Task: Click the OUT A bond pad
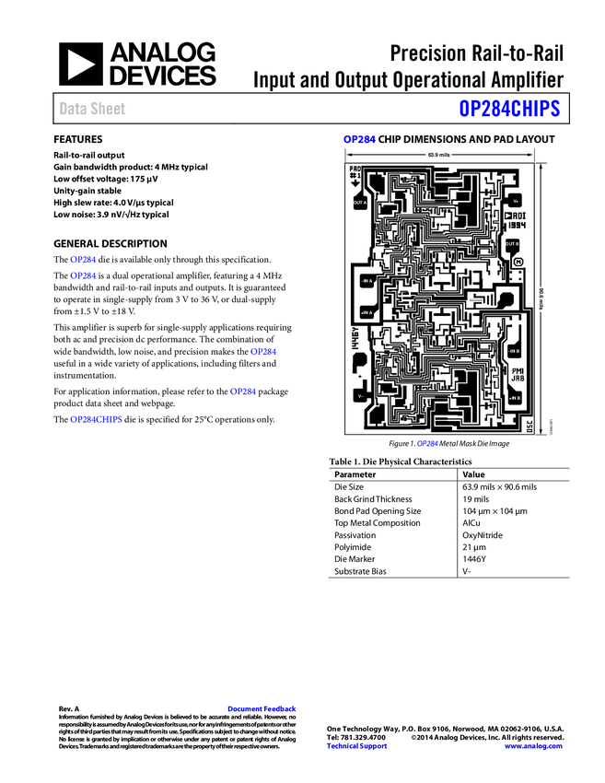pyautogui.click(x=359, y=202)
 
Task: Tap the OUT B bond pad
pyautogui.click(x=513, y=244)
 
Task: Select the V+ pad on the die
pyautogui.click(x=516, y=200)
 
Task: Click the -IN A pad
pyautogui.click(x=367, y=278)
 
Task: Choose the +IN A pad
pyautogui.click(x=367, y=313)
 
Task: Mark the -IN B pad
pyautogui.click(x=514, y=352)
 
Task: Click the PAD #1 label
pyautogui.click(x=355, y=172)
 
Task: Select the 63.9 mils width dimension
pyautogui.click(x=438, y=155)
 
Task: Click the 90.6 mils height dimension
pyautogui.click(x=541, y=298)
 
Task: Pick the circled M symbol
pyautogui.click(x=518, y=263)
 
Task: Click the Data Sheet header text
pyautogui.click(x=93, y=109)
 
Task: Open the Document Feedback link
pyautogui.click(x=262, y=709)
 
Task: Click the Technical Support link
pyautogui.click(x=357, y=746)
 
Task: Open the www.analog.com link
pyautogui.click(x=533, y=746)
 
